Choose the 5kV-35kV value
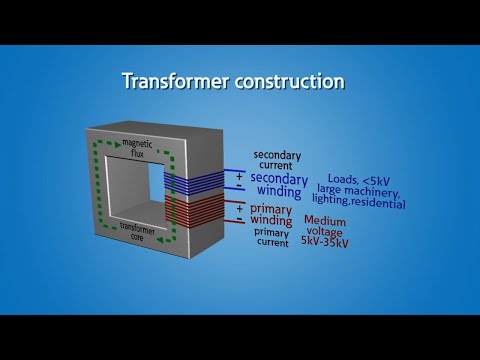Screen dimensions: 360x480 click(333, 241)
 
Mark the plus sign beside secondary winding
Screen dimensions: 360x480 click(239, 175)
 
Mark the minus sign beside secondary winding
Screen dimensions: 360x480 click(239, 187)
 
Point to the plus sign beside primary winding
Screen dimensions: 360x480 click(239, 208)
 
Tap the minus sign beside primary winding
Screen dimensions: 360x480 click(239, 220)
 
